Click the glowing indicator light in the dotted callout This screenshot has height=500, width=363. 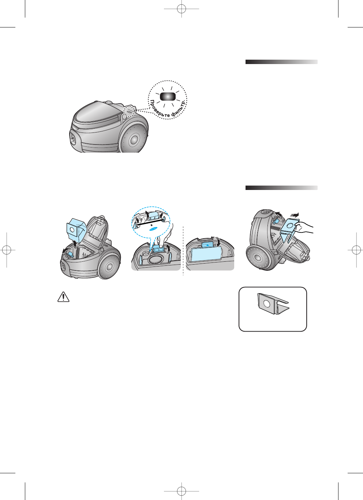point(168,97)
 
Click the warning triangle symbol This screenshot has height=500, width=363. point(63,296)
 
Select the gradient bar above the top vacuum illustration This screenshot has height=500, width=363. point(281,62)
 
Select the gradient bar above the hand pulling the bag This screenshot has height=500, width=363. point(281,188)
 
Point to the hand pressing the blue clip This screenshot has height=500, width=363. point(162,238)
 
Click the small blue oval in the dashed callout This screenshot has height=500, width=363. point(154,228)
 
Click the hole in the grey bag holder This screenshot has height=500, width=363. point(267,303)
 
